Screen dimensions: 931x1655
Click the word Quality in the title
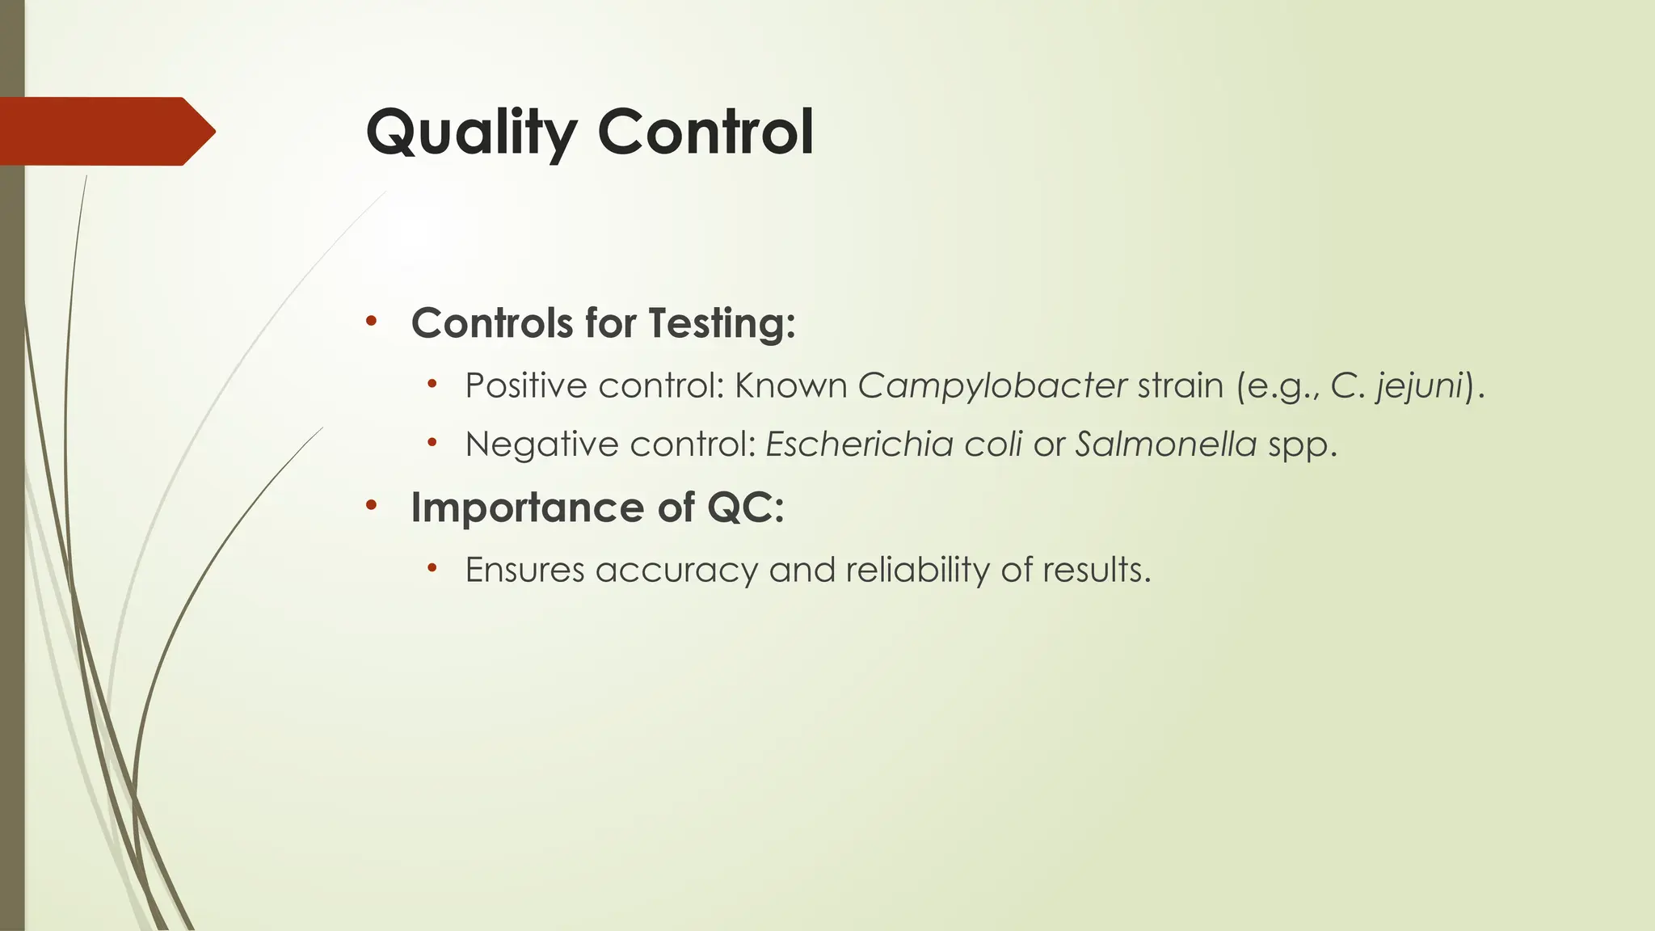pos(471,133)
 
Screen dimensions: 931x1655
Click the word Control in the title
pos(705,133)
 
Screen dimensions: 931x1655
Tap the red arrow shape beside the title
pos(105,131)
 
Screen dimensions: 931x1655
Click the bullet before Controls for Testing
pos(371,322)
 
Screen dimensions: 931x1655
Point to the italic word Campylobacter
pos(992,386)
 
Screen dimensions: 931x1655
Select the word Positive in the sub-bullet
pos(525,386)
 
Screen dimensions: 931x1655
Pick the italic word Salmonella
pos(1165,444)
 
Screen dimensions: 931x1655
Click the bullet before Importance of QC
pos(371,507)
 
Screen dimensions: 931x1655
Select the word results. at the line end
pos(1096,571)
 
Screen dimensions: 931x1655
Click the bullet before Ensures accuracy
pos(432,569)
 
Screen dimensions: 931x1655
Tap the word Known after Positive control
pos(790,386)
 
